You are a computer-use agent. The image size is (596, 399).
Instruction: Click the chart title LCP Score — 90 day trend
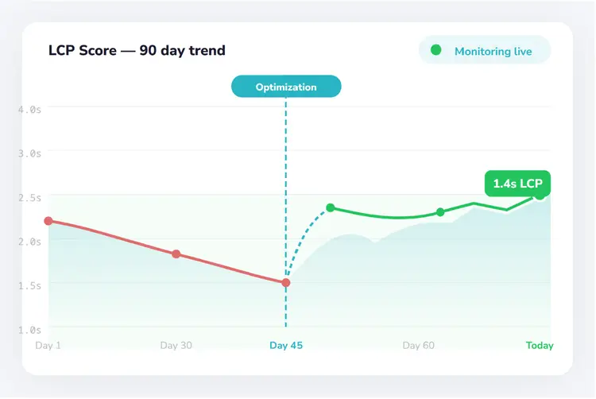click(137, 51)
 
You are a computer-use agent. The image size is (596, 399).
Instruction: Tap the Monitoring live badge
click(485, 51)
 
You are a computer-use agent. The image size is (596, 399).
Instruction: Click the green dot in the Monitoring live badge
click(435, 50)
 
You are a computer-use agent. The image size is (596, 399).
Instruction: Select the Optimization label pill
click(286, 87)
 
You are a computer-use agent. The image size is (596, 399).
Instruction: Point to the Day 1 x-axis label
click(48, 346)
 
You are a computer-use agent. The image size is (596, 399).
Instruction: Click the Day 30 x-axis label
click(176, 346)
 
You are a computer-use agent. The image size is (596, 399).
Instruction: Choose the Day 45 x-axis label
click(286, 346)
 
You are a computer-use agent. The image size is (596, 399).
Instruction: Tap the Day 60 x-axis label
click(418, 346)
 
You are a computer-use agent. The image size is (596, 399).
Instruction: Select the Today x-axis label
click(540, 346)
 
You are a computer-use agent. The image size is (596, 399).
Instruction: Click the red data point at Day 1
click(48, 221)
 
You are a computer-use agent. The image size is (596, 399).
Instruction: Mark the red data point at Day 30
click(176, 254)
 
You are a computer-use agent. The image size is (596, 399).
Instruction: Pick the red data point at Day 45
click(286, 282)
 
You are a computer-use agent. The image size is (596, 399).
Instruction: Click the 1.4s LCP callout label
click(517, 184)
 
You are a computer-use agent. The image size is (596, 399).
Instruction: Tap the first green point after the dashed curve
click(331, 207)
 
